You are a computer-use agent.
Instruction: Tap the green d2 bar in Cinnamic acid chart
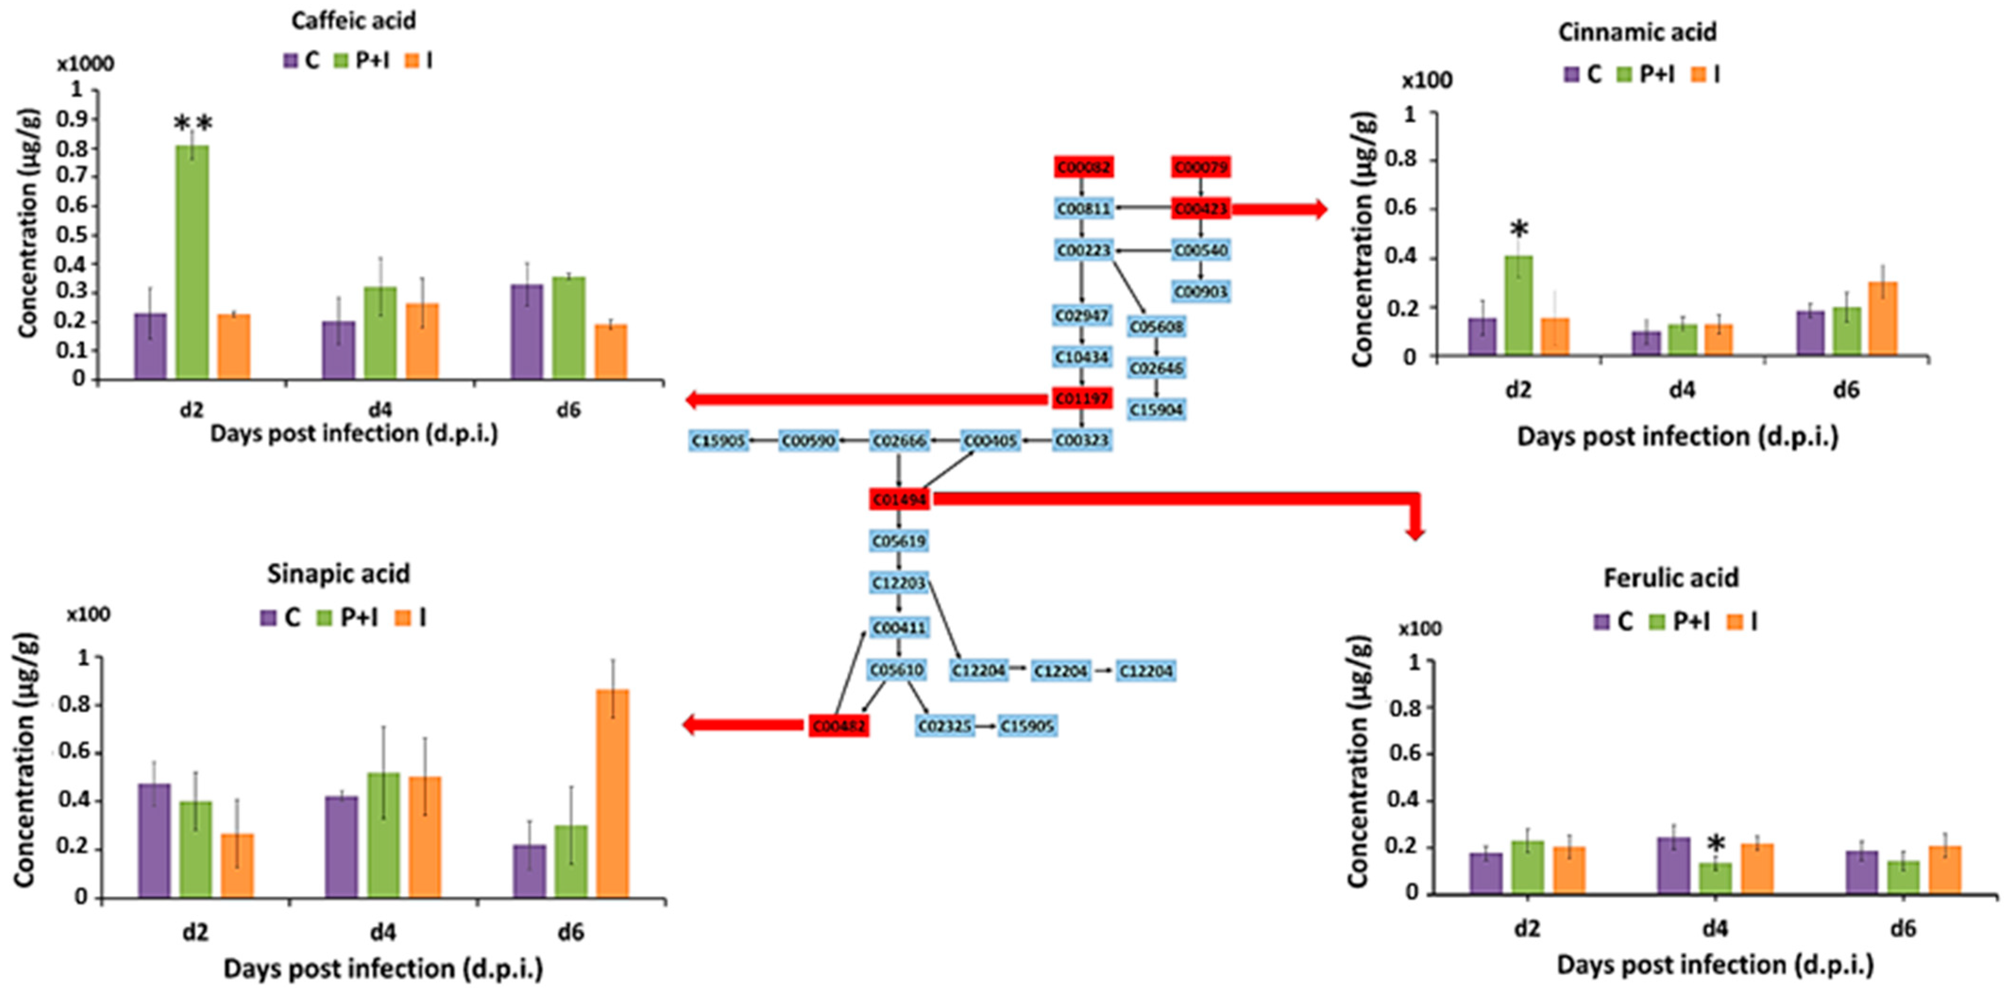click(x=1518, y=305)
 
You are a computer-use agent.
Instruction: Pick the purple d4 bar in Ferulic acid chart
click(x=1674, y=865)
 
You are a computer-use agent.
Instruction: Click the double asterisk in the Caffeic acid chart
click(x=193, y=123)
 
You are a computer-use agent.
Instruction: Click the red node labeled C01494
click(x=899, y=500)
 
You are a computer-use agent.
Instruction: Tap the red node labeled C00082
click(x=1083, y=167)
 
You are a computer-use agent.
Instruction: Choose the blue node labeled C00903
click(x=1201, y=292)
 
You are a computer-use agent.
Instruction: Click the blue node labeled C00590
click(x=808, y=441)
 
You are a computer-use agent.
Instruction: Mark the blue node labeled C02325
click(x=944, y=726)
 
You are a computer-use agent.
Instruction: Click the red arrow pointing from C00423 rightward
click(x=1279, y=209)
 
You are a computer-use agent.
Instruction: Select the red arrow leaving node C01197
click(x=865, y=400)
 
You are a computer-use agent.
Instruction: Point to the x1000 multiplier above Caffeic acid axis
click(x=85, y=64)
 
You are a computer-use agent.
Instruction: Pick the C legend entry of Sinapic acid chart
click(x=280, y=618)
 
